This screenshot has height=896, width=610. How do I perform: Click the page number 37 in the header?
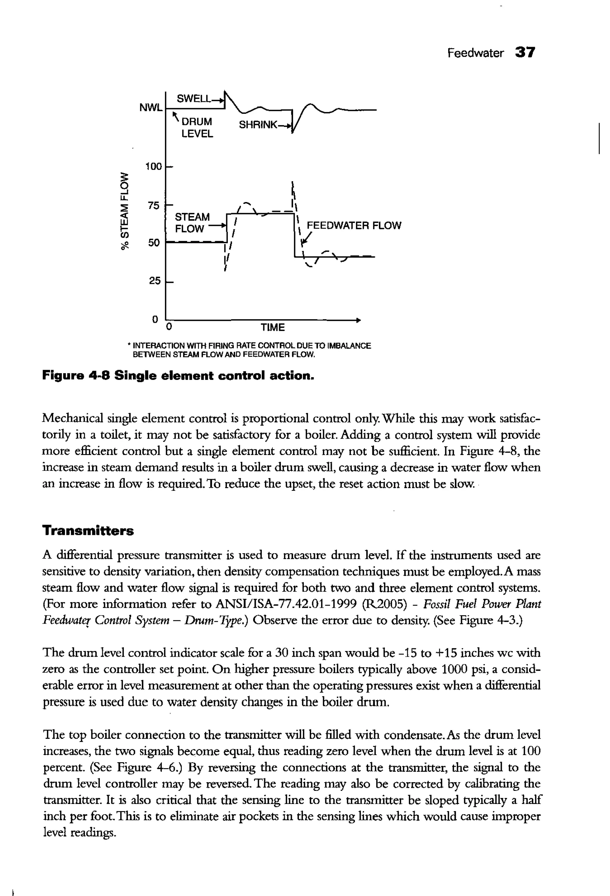(x=525, y=52)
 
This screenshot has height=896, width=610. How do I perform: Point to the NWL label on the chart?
(x=151, y=108)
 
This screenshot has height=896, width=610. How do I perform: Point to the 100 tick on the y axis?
(x=153, y=167)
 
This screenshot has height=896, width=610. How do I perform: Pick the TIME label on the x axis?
(x=273, y=327)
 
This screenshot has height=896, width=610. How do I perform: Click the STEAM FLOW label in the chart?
(x=192, y=223)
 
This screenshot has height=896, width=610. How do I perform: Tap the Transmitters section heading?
(x=88, y=531)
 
